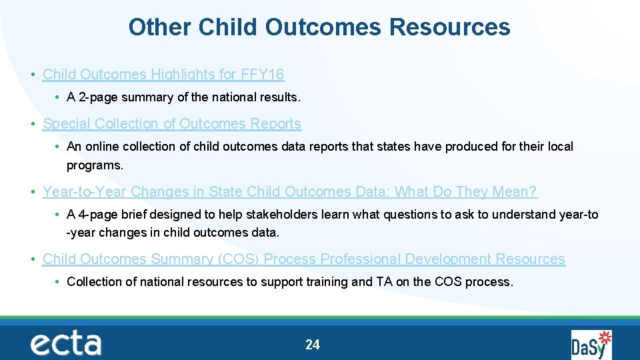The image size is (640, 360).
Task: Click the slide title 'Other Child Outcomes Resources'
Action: pyautogui.click(x=319, y=27)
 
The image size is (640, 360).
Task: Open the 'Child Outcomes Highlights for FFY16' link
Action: pyautogui.click(x=163, y=74)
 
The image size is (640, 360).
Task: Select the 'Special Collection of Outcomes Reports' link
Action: pyautogui.click(x=172, y=123)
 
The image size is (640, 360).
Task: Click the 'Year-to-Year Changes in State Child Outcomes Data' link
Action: pyautogui.click(x=289, y=191)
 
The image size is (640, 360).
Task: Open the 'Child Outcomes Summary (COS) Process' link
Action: pyautogui.click(x=303, y=259)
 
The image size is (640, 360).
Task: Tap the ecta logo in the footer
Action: pyautogui.click(x=65, y=343)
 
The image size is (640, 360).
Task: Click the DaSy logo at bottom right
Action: pyautogui.click(x=590, y=345)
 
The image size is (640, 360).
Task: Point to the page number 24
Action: pyautogui.click(x=313, y=345)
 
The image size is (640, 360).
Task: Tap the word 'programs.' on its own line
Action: pyautogui.click(x=95, y=165)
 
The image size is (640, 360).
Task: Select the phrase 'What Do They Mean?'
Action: pyautogui.click(x=466, y=191)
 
